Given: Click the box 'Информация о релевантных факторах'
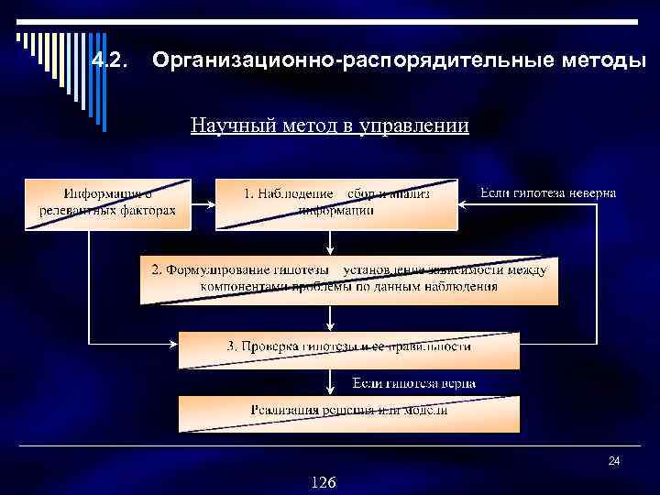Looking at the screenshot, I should click(x=107, y=203).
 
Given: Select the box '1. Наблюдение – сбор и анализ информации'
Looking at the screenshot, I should click(x=335, y=203).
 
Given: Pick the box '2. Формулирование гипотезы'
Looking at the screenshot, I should click(x=348, y=279).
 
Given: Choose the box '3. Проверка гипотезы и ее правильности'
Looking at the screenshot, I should click(x=348, y=349).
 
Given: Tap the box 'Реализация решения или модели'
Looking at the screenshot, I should click(x=348, y=412).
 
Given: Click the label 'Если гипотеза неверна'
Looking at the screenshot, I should click(x=548, y=193).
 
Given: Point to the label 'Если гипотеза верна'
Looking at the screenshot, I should click(x=414, y=382).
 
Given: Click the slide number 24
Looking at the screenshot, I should click(x=614, y=461).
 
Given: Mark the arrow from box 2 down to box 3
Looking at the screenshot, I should click(x=330, y=318).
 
